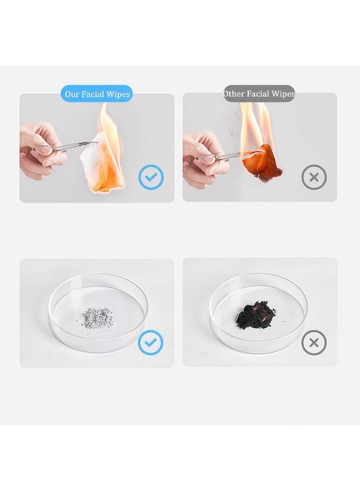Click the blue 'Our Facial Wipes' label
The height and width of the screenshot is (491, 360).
tap(97, 94)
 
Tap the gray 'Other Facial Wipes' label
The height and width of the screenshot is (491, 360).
tap(259, 93)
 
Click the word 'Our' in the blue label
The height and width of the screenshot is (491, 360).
tap(71, 94)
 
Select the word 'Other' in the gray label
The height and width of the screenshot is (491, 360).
tap(233, 94)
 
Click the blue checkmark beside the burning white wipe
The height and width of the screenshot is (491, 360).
tap(151, 177)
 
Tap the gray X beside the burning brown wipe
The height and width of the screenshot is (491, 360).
tap(314, 177)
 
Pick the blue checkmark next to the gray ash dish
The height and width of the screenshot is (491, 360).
tap(151, 342)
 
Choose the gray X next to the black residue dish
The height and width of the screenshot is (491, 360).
tap(314, 343)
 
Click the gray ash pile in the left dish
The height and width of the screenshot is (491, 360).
tap(97, 318)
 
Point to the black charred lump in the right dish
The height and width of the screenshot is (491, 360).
tap(256, 315)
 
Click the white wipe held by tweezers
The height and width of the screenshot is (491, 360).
tap(102, 163)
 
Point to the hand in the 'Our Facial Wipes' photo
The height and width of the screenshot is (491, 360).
tap(41, 151)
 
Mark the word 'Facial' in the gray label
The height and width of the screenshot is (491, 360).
tap(258, 94)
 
